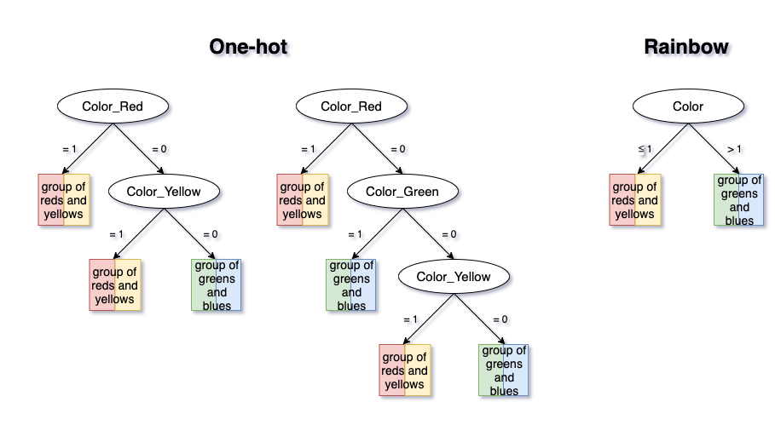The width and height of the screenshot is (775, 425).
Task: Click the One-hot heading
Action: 248,47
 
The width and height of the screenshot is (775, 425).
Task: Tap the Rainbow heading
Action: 686,47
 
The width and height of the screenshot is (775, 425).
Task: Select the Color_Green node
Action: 402,192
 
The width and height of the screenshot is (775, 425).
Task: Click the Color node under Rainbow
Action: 688,106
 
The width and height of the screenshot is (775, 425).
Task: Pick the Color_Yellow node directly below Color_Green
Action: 454,277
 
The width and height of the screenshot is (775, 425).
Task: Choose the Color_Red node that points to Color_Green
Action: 351,106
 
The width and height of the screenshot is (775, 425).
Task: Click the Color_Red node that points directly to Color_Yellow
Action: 113,106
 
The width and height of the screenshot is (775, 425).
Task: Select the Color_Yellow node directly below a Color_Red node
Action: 164,192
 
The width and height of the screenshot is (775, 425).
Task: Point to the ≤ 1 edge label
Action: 645,148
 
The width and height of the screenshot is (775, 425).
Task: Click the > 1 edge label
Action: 734,148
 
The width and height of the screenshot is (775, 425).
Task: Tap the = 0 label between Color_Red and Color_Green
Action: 398,148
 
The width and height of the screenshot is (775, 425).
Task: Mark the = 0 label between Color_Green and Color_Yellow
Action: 448,234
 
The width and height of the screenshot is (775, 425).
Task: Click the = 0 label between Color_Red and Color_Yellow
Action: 159,148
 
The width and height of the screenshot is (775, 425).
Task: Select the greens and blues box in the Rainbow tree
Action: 739,200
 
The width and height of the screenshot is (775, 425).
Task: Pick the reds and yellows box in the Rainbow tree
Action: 634,200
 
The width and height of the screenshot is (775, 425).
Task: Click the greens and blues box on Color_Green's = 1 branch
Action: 351,284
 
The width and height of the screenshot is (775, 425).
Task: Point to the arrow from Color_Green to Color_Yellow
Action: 428,234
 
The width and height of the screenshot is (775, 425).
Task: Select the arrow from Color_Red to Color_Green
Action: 377,148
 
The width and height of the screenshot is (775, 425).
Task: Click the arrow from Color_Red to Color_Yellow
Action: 138,148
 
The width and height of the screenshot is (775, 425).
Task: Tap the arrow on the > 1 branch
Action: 714,148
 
